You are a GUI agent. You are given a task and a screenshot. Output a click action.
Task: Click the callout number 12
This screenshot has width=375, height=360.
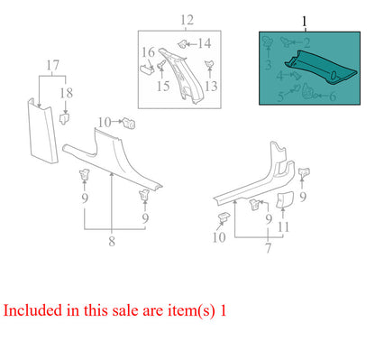187,20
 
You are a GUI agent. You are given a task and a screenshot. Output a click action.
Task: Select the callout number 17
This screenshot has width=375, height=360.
53,65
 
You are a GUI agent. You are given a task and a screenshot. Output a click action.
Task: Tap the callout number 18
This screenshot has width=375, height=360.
67,93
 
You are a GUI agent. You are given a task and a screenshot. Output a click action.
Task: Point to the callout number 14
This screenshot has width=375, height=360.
205,44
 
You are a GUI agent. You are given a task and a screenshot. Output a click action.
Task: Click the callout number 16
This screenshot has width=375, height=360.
148,52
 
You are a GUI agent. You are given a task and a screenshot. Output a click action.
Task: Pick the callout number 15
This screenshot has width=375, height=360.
163,87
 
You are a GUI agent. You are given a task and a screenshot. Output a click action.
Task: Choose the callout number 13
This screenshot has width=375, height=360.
211,86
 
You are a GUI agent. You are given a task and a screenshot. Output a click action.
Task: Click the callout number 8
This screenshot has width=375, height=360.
112,241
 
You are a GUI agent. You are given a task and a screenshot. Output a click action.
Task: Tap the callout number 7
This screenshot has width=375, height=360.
268,248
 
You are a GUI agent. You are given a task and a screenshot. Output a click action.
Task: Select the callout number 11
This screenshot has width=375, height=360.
283,227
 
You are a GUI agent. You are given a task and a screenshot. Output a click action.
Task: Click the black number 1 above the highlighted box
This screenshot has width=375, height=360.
305,22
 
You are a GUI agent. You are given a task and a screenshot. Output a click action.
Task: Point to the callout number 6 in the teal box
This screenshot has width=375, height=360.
333,97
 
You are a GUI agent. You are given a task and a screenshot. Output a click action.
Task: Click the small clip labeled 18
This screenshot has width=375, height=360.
65,118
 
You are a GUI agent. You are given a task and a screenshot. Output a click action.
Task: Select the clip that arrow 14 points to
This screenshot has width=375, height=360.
182,44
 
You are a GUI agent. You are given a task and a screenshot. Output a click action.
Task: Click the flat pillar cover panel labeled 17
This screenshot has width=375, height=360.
42,133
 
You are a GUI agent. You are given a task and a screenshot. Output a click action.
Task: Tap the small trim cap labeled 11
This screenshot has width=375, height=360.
284,200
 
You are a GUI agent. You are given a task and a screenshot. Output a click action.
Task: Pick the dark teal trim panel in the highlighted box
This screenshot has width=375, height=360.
321,66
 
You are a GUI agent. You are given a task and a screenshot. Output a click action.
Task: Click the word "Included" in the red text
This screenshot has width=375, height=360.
32,310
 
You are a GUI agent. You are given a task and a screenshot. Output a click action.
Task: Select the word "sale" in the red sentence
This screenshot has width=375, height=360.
125,311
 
